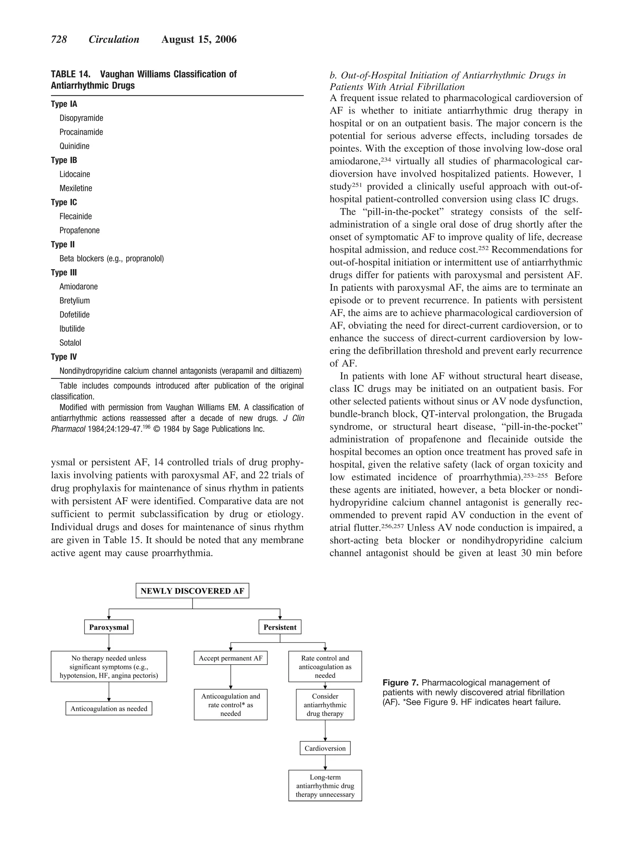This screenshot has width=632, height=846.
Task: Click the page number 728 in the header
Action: [59, 40]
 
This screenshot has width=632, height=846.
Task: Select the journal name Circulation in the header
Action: [114, 40]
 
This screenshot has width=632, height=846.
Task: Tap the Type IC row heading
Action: [64, 202]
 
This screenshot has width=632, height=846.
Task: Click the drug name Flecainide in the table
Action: [76, 216]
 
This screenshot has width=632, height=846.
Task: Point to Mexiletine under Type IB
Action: [76, 188]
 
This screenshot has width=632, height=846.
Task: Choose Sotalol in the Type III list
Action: [70, 343]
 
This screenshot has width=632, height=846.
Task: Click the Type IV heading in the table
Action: [64, 357]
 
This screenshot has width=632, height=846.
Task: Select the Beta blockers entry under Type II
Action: [111, 259]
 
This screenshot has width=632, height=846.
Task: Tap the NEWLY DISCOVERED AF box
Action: [192, 590]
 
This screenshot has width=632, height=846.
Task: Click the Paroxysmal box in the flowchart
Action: [109, 627]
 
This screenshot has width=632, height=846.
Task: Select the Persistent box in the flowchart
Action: [280, 627]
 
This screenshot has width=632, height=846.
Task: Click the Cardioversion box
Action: [325, 748]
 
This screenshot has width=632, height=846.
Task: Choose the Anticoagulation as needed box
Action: [109, 708]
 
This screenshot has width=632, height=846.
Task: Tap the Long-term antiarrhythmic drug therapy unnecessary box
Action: [325, 786]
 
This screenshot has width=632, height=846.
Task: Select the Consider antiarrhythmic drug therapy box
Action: [325, 705]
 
